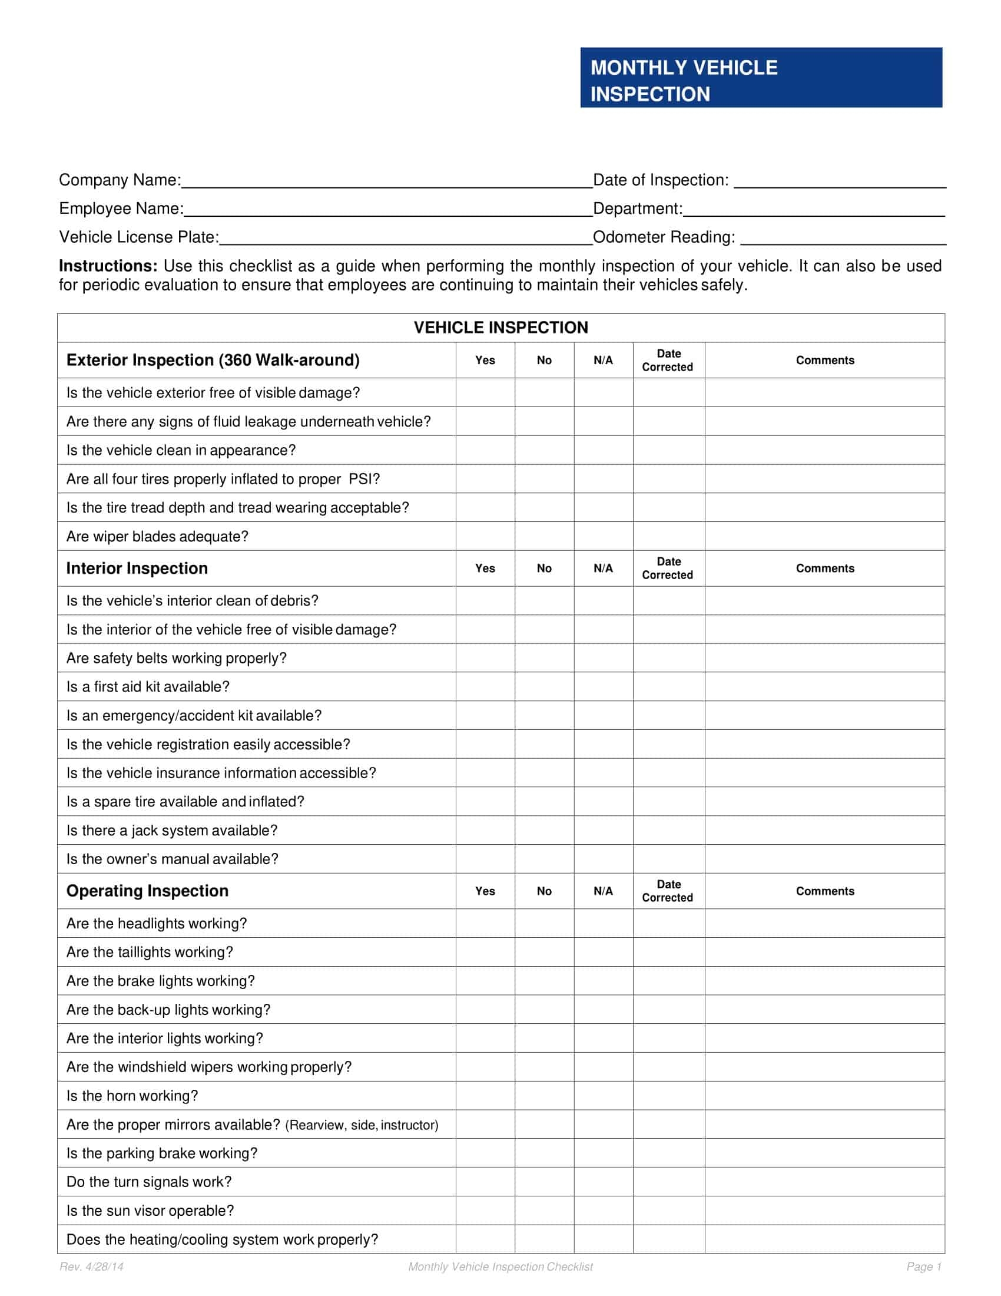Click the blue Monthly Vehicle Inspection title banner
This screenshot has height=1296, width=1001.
click(761, 78)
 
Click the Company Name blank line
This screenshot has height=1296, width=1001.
click(387, 180)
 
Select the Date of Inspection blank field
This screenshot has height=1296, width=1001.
click(839, 180)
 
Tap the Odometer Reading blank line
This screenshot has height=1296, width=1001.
click(843, 237)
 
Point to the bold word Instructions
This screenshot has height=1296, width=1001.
click(108, 266)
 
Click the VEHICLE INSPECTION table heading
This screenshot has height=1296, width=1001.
click(501, 328)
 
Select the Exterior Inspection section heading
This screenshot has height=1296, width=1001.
click(213, 360)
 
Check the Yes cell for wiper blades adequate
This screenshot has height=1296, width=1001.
click(485, 537)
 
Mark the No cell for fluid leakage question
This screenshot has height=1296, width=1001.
click(544, 421)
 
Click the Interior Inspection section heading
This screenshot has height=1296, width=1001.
click(137, 568)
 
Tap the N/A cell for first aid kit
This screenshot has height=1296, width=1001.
click(603, 686)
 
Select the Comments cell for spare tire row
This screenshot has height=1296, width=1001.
click(824, 802)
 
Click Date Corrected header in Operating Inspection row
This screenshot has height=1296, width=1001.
click(668, 891)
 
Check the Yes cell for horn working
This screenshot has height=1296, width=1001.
click(485, 1096)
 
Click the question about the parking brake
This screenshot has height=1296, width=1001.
click(162, 1153)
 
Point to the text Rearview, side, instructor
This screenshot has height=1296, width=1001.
click(362, 1125)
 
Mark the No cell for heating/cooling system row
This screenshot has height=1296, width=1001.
click(544, 1239)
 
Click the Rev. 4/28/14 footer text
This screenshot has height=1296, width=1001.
click(91, 1267)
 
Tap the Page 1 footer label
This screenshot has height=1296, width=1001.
click(923, 1267)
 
